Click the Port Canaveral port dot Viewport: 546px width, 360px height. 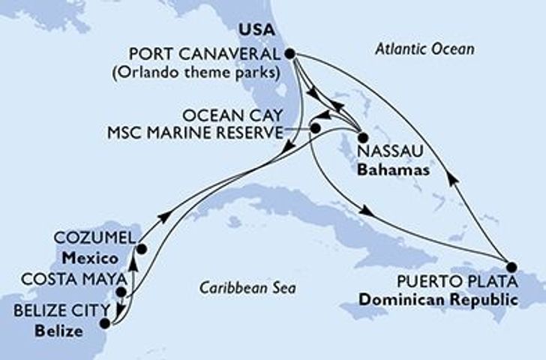pos(289,53)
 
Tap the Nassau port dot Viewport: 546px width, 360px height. pos(362,138)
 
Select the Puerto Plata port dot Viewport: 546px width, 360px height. pos(511,266)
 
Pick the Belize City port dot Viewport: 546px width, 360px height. pos(104,324)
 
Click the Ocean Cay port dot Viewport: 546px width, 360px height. pos(315,128)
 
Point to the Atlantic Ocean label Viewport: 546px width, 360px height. pos(424,49)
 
